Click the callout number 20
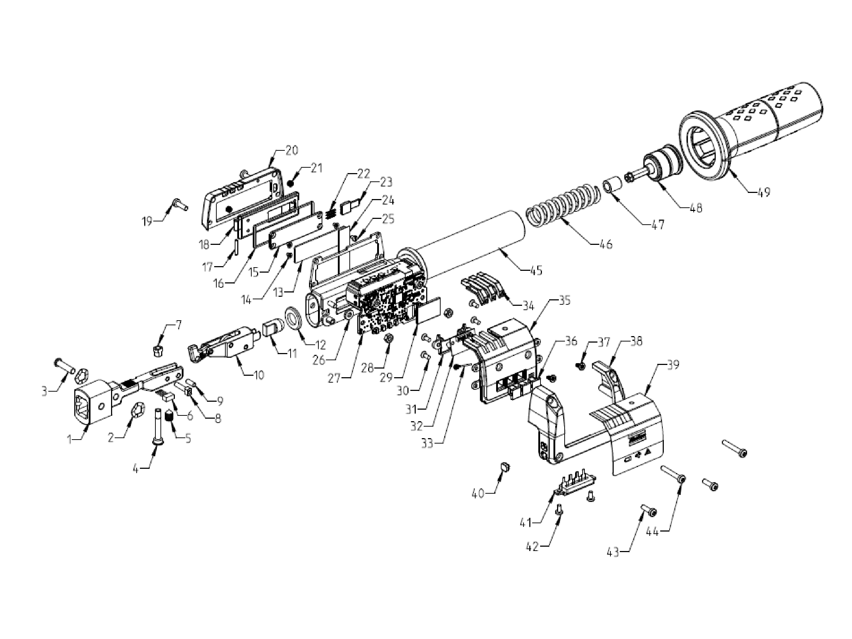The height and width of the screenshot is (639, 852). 292,150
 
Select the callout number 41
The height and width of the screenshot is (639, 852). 526,523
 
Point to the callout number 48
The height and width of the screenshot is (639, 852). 696,208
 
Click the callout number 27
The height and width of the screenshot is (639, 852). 334,379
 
